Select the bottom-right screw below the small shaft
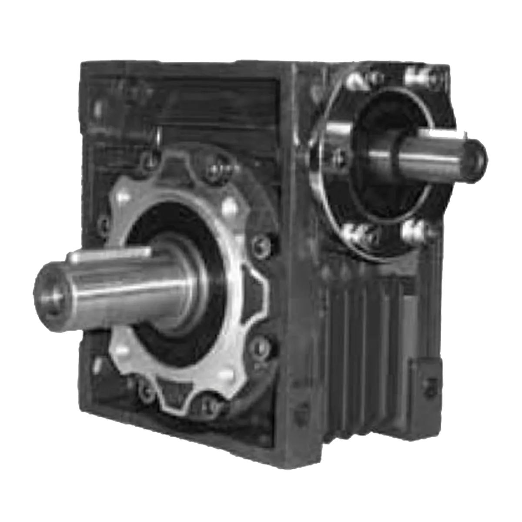pos(415,231)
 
